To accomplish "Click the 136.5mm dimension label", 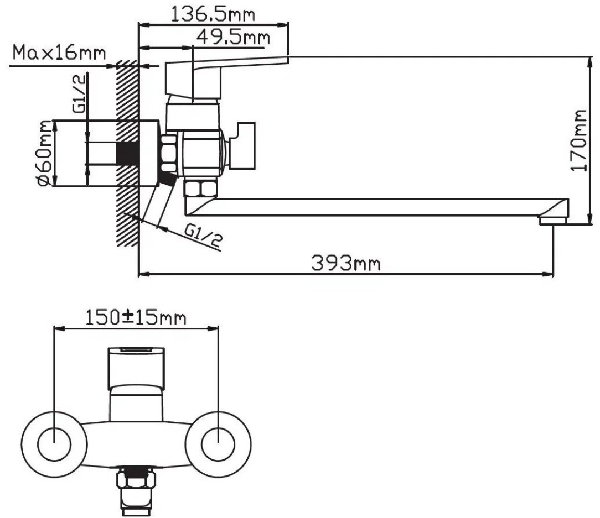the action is (213, 14).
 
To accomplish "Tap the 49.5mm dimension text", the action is (233, 37).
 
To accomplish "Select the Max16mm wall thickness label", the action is (59, 53).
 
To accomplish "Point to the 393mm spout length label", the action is (346, 263).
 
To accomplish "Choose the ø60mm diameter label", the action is (45, 153).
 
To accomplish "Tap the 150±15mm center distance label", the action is (136, 318).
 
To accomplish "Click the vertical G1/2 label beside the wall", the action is (79, 94).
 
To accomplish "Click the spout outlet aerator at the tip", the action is (552, 220).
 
